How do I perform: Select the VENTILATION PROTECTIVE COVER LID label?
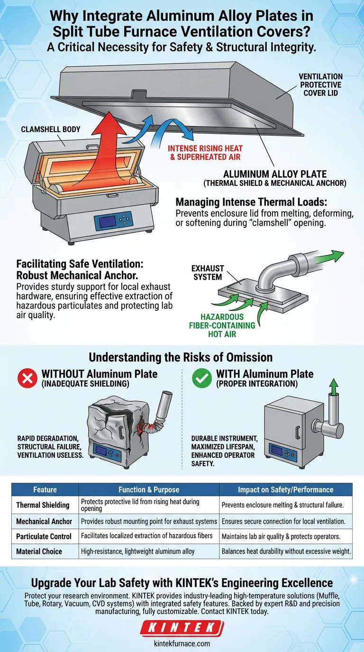(320, 84)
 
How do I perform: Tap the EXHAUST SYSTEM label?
(208, 272)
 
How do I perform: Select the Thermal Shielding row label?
(43, 505)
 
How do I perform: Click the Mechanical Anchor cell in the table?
(44, 521)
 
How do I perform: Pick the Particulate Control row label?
(44, 536)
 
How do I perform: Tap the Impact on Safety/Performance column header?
(286, 489)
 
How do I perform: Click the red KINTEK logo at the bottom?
(182, 629)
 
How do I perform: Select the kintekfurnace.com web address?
(182, 643)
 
